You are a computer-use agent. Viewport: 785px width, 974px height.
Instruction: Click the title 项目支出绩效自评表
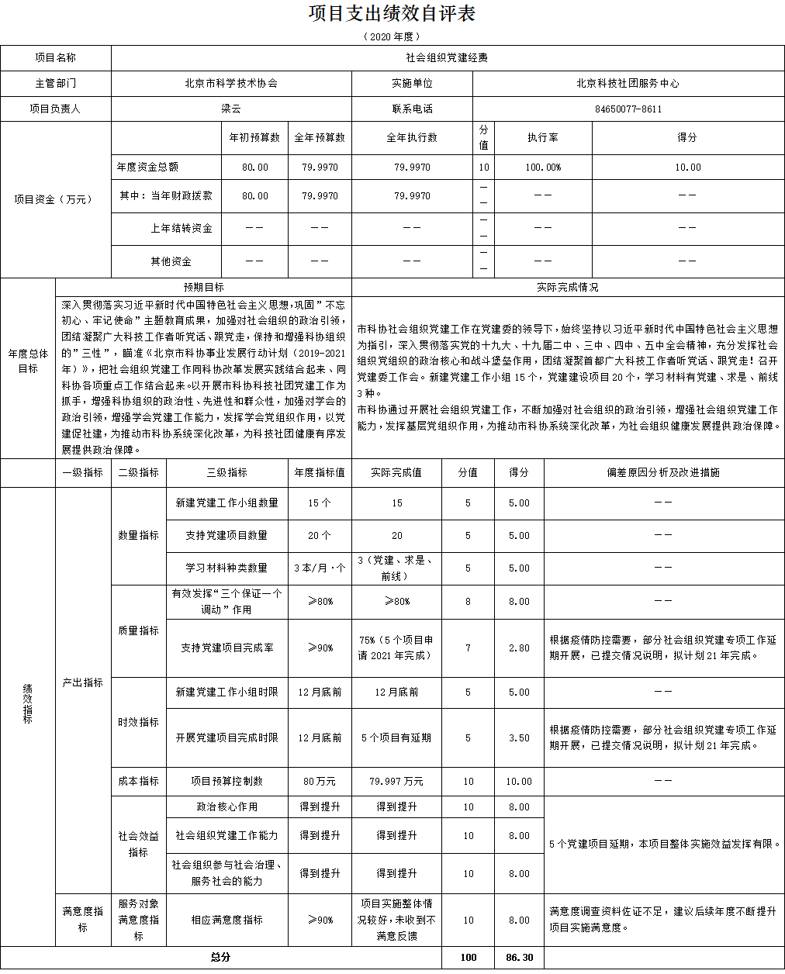coord(392,14)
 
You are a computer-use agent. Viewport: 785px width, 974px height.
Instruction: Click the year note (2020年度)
coord(392,36)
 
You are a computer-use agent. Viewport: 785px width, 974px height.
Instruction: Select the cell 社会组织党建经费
coord(447,58)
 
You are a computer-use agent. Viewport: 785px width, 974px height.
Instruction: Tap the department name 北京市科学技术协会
coord(231,83)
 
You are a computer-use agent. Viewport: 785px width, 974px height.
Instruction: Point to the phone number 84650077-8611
coord(628,109)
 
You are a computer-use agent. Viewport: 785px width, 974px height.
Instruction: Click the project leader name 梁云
coord(231,109)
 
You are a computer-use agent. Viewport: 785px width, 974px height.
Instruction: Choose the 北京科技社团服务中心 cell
coord(628,83)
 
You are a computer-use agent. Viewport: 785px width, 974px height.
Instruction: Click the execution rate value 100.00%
coord(543,168)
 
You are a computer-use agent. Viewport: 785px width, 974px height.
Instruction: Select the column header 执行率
coord(543,137)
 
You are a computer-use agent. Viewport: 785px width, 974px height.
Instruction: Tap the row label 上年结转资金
coord(182,229)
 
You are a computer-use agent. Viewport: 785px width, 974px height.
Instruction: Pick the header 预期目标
coord(204,287)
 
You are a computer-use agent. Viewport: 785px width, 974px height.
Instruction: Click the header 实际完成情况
coord(568,287)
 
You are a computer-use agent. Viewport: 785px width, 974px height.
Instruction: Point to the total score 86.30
coord(519,958)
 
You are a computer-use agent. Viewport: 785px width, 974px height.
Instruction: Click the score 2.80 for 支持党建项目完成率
coord(519,648)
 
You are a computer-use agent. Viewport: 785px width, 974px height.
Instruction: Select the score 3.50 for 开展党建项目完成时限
coord(519,738)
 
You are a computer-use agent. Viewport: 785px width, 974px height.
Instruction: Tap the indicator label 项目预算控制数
coord(227,782)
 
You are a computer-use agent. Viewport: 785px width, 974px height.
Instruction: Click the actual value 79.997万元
coord(396,782)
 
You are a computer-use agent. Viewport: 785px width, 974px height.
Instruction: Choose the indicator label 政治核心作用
coord(227,807)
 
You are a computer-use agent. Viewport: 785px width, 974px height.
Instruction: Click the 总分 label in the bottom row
coord(221,958)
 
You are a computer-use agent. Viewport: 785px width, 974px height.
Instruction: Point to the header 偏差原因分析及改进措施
coord(663,472)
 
